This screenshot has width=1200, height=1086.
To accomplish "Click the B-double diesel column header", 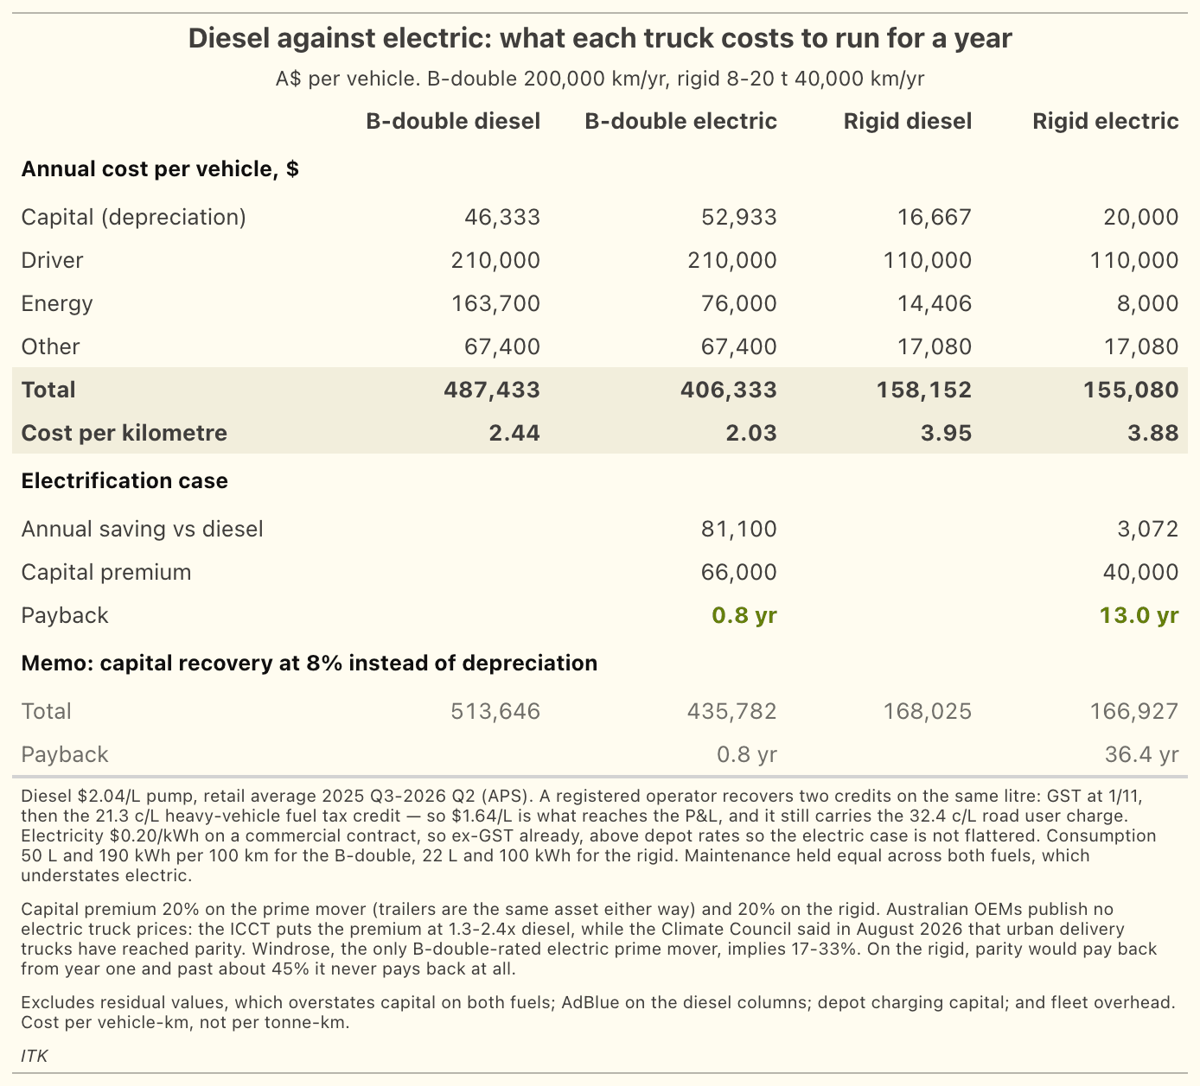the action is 453,122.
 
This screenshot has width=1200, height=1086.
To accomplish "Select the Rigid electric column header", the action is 1106,122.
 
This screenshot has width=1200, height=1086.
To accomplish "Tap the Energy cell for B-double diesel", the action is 495,304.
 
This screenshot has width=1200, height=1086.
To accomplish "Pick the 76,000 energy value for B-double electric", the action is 739,304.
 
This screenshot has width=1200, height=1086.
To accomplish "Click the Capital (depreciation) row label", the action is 133,217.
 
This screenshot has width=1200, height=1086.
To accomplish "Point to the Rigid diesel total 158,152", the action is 924,390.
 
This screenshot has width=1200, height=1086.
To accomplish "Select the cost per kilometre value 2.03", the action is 751,433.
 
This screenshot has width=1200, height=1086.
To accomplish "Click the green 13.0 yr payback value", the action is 1139,615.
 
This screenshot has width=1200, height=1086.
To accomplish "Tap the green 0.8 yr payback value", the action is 744,615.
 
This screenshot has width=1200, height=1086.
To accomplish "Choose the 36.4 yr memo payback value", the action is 1141,755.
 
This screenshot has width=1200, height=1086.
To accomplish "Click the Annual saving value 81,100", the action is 739,530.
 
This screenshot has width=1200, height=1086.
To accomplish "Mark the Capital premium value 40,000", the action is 1140,572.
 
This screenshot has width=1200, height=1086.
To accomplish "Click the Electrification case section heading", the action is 124,481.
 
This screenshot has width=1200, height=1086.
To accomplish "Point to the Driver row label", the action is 52,261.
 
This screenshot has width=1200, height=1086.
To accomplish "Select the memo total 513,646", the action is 495,712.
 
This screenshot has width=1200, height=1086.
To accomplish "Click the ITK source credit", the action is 34,1056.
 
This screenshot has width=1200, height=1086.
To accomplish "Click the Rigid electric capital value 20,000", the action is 1140,217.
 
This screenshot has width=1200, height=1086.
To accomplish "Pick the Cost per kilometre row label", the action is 124,433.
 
